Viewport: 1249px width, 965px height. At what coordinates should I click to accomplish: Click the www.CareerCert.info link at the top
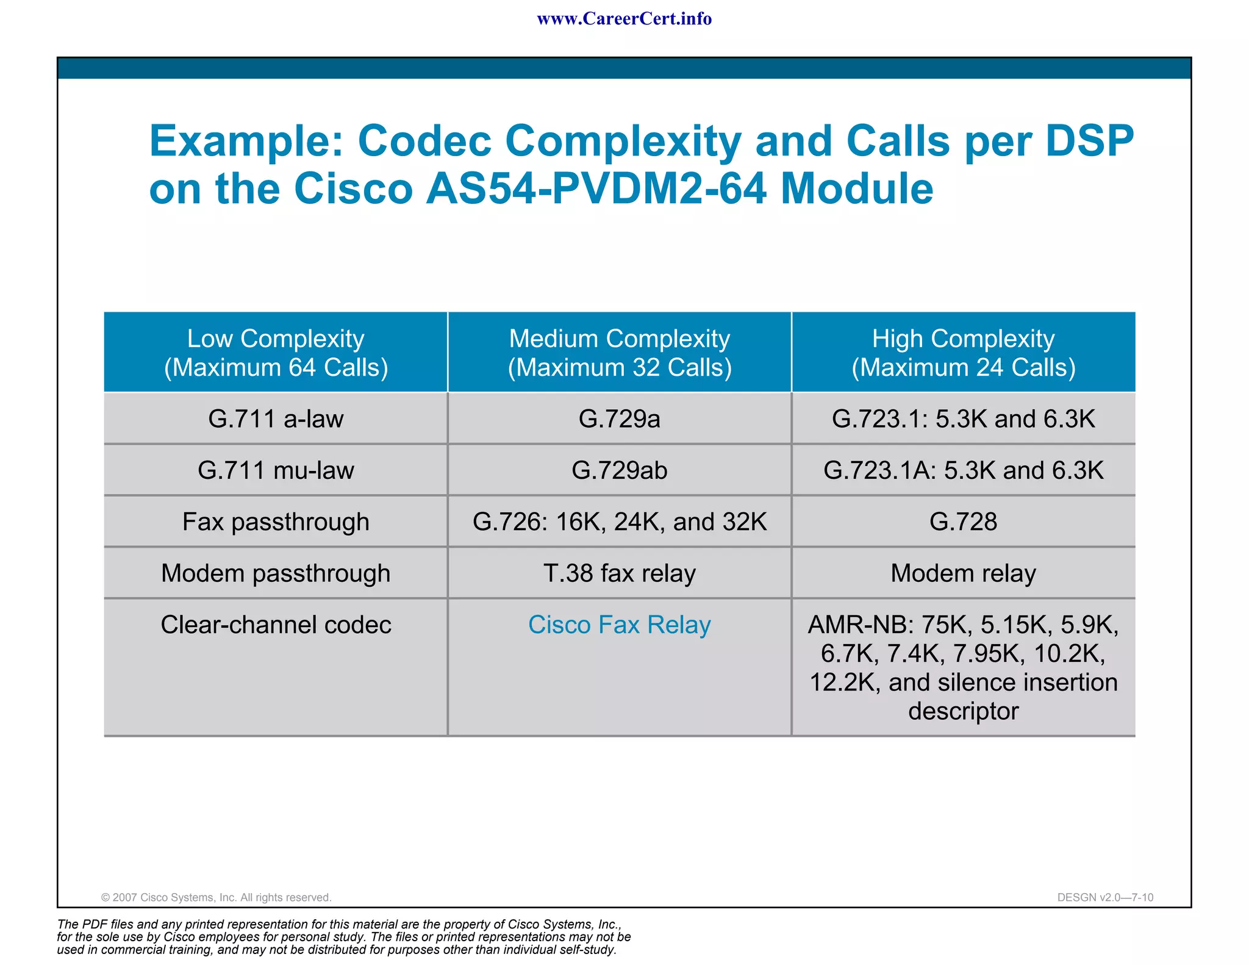click(624, 19)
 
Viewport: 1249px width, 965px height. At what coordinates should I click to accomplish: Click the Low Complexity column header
click(276, 353)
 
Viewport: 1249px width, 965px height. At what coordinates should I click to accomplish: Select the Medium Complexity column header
click(620, 353)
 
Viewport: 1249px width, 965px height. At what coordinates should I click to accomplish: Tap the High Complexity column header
click(963, 353)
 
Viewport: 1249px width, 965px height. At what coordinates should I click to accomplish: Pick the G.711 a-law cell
click(276, 419)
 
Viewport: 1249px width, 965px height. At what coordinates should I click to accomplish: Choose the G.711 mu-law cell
click(276, 470)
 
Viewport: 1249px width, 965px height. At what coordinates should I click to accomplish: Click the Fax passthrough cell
click(276, 522)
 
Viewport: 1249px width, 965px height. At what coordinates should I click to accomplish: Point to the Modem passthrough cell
click(276, 573)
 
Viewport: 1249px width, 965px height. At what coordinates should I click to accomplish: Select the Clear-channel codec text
click(276, 625)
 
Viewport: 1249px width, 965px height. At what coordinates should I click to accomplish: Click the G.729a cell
click(620, 419)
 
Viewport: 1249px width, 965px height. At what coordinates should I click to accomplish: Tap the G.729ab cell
click(620, 470)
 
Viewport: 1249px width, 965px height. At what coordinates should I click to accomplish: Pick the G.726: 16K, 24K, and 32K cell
click(620, 522)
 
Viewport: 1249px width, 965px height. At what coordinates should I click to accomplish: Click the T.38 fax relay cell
click(620, 573)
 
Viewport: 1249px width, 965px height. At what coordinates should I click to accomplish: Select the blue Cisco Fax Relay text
click(620, 625)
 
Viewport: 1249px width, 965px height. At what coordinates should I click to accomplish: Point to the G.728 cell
click(963, 522)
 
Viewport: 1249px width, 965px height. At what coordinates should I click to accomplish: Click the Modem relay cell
click(963, 573)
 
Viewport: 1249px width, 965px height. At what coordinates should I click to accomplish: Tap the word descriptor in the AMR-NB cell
click(963, 711)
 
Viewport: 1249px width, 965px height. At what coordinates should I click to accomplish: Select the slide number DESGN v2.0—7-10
click(1105, 897)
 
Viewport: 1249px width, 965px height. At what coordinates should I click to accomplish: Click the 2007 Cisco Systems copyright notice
click(216, 897)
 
